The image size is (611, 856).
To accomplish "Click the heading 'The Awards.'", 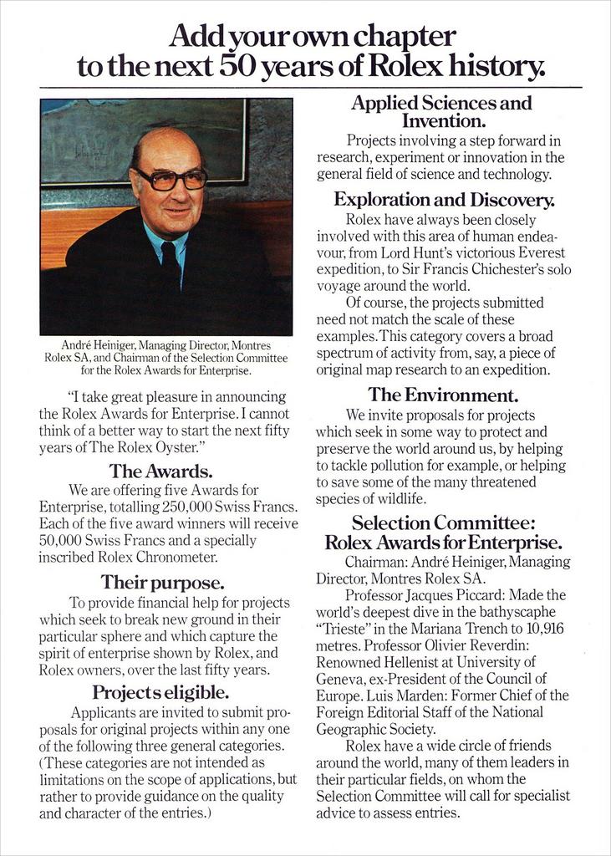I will pyautogui.click(x=160, y=471).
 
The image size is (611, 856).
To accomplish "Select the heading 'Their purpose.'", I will pyautogui.click(x=162, y=581).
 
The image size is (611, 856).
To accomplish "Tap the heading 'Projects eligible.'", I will pyautogui.click(x=160, y=692).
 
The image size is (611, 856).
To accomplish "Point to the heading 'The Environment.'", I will pyautogui.click(x=443, y=394).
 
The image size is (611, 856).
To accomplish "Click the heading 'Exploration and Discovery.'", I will pyautogui.click(x=444, y=200).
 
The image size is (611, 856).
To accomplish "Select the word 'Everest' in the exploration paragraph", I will pyautogui.click(x=537, y=252).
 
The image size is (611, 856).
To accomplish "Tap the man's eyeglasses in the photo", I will pyautogui.click(x=171, y=178).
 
